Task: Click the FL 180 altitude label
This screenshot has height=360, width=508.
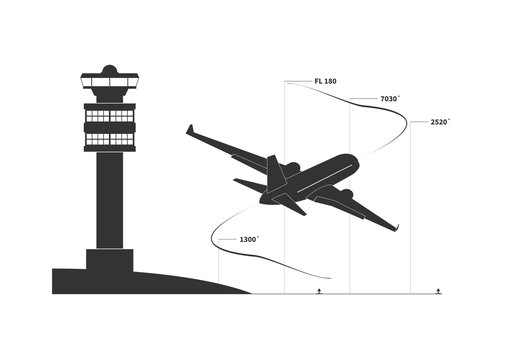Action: click(x=325, y=81)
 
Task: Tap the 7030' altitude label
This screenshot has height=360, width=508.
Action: click(x=390, y=99)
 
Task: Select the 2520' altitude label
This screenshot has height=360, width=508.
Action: click(x=440, y=122)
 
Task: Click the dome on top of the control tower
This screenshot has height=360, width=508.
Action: click(x=110, y=69)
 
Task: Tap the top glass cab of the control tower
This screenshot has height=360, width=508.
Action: click(x=110, y=82)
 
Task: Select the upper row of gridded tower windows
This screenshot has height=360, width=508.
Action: click(x=110, y=116)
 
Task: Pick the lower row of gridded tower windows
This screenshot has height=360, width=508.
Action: click(x=110, y=138)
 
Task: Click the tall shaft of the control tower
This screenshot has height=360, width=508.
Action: click(x=110, y=200)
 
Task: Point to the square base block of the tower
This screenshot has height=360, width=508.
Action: click(x=110, y=259)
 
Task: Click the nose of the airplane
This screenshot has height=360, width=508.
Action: click(x=352, y=160)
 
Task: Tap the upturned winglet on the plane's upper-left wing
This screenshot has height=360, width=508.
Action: click(x=189, y=129)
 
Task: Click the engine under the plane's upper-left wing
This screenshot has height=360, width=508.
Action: click(x=291, y=166)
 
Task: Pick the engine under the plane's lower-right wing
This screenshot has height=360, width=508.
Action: click(x=345, y=192)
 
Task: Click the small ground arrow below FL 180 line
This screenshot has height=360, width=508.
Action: click(x=318, y=290)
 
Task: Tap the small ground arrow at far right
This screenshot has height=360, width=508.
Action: click(x=438, y=290)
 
